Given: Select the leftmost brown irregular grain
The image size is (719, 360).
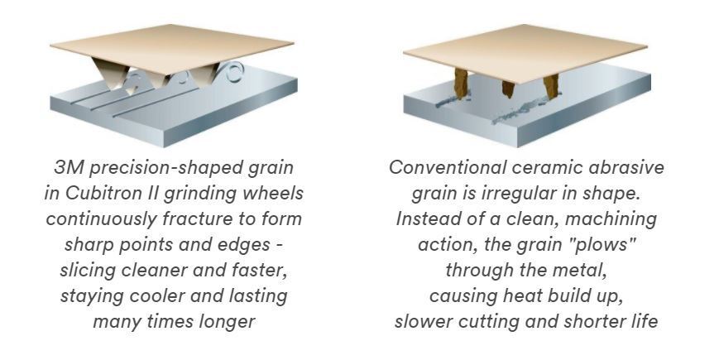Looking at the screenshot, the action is coord(462,83).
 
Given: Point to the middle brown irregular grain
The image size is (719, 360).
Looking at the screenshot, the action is coord(508,89).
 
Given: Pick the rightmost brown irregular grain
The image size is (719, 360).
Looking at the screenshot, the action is coord(551,86).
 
